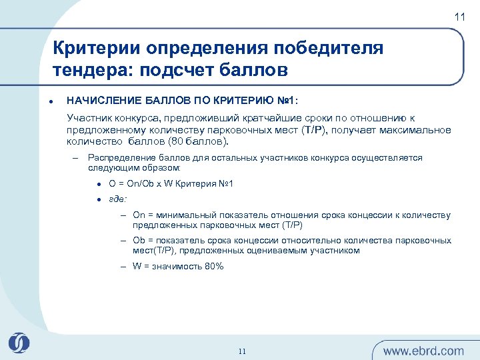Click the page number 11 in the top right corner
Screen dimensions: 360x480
click(x=460, y=17)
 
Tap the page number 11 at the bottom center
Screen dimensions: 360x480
click(x=242, y=351)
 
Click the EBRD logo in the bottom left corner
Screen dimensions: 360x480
click(x=19, y=343)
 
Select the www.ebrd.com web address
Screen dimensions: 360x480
click(x=423, y=351)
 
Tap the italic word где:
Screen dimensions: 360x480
click(x=118, y=199)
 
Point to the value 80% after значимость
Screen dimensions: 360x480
click(x=213, y=266)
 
